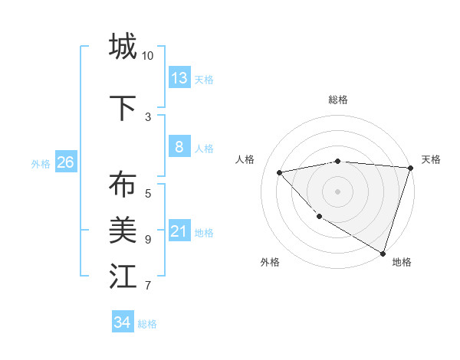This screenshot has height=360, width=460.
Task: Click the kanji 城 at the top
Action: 123,46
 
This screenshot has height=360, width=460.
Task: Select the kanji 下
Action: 123,108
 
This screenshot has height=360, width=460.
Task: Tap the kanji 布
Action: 123,185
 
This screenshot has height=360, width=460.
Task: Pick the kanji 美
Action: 123,230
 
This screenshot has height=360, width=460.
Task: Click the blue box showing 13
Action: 179,77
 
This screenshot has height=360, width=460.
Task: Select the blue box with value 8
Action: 179,147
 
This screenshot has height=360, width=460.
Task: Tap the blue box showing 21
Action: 179,231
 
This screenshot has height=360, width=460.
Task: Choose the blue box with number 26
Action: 65,162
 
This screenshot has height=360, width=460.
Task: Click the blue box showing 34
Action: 123,322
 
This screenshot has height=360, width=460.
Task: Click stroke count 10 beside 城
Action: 148,56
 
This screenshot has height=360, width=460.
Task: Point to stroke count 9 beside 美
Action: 148,240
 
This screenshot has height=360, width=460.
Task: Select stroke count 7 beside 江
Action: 148,286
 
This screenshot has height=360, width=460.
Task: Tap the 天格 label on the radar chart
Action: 431,159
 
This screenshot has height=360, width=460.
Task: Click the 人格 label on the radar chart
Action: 245,159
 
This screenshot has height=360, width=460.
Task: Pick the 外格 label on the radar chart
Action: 270,262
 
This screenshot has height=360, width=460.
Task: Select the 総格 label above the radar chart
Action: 338,100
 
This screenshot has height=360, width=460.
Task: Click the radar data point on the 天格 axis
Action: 410,168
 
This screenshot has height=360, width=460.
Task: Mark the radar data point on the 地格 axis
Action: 383,253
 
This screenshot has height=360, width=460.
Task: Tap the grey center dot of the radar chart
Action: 338,191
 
